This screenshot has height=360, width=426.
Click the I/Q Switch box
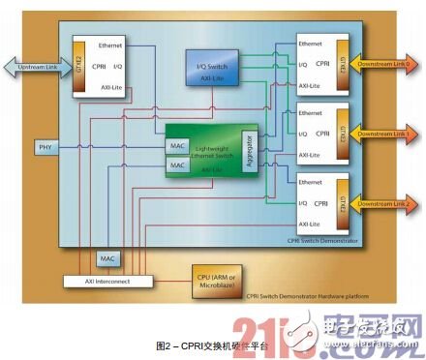click(x=209, y=64)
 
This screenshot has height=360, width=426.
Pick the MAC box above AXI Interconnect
click(x=107, y=259)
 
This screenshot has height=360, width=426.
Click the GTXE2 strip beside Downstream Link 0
click(x=340, y=65)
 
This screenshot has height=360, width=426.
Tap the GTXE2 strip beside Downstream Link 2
click(x=340, y=204)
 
